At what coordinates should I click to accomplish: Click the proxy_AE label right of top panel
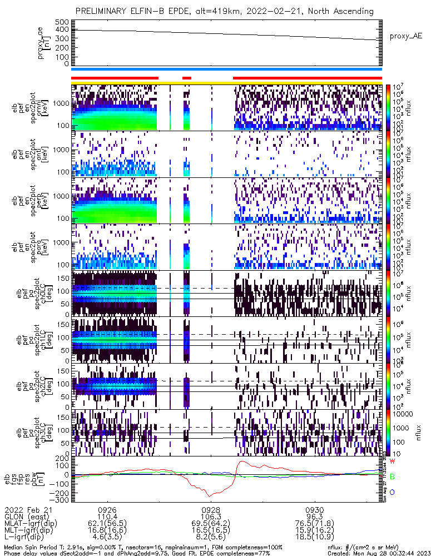click(x=407, y=36)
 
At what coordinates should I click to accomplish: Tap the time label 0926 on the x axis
click(x=107, y=509)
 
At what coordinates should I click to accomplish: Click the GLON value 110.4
click(x=107, y=517)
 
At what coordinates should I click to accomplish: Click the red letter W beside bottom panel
click(x=393, y=461)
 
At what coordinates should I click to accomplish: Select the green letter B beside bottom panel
click(x=393, y=476)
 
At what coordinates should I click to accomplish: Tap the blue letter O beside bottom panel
click(x=393, y=492)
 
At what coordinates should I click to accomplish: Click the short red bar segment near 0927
click(x=187, y=78)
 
